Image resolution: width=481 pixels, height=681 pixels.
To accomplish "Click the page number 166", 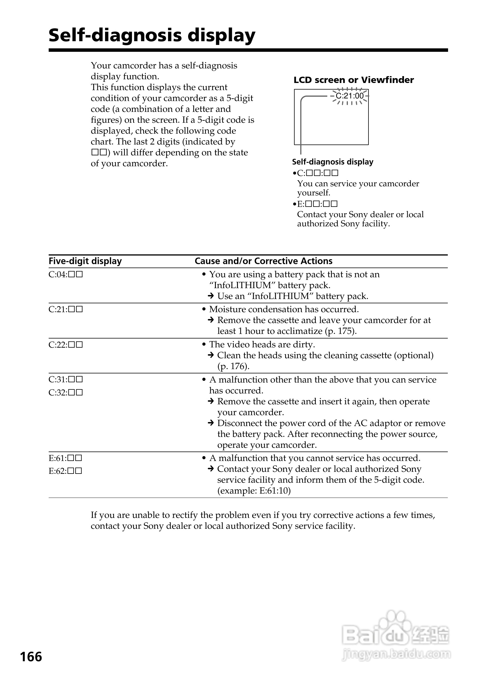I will click(31, 657).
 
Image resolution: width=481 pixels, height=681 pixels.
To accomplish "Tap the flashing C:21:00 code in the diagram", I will click(350, 96).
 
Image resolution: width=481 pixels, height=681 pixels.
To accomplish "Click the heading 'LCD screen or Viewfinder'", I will click(353, 80).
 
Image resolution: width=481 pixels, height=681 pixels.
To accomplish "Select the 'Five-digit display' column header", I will click(85, 261).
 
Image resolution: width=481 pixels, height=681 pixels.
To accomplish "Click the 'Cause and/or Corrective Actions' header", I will click(263, 261).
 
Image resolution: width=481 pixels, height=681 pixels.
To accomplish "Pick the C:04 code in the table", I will click(66, 274).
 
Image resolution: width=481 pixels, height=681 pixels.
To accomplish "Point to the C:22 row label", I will click(66, 345).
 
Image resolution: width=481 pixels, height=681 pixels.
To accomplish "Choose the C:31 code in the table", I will click(66, 379).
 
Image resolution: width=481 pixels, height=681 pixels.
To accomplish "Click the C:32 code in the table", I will click(66, 392).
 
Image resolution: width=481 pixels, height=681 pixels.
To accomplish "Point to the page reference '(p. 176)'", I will click(233, 366).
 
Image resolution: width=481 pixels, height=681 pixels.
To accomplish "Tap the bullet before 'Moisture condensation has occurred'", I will click(204, 309).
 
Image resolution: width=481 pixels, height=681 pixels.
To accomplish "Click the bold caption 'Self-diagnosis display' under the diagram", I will click(333, 162).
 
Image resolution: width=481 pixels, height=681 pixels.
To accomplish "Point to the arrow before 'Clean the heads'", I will click(211, 355).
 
